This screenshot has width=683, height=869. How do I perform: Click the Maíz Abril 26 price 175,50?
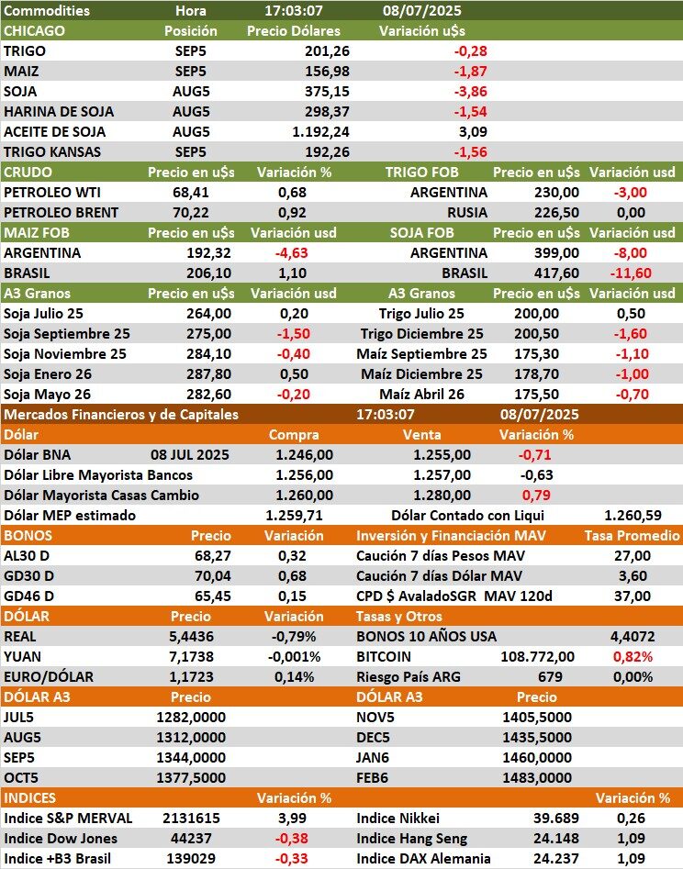(x=555, y=394)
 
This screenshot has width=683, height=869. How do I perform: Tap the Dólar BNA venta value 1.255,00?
(x=442, y=454)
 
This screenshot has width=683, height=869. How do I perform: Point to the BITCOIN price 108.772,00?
(x=538, y=656)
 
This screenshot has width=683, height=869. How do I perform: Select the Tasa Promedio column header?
(x=633, y=535)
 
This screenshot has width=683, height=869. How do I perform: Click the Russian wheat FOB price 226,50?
(x=556, y=212)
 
